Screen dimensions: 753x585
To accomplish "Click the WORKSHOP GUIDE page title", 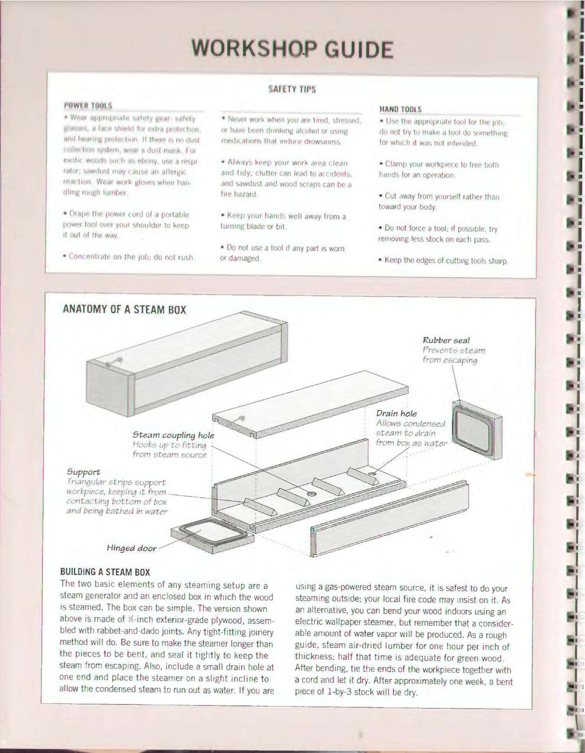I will pyautogui.click(x=292, y=49).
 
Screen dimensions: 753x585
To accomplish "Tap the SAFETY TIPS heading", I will pyautogui.click(x=292, y=89).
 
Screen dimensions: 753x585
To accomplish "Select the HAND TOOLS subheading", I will pyautogui.click(x=400, y=109).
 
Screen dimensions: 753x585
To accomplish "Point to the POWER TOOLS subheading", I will pyautogui.click(x=88, y=105).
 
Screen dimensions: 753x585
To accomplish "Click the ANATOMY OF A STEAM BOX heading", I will pyautogui.click(x=124, y=309).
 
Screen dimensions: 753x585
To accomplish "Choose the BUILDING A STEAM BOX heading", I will pyautogui.click(x=105, y=572).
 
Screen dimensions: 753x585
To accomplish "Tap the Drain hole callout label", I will pyautogui.click(x=396, y=414).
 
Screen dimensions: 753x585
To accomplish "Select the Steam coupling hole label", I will pyautogui.click(x=173, y=435).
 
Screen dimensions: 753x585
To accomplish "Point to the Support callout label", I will pyautogui.click(x=83, y=472).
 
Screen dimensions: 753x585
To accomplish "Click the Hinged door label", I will pyautogui.click(x=132, y=548).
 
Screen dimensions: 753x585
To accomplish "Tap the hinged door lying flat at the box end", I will pyautogui.click(x=212, y=534).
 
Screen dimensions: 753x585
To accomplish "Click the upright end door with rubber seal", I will pyautogui.click(x=476, y=430).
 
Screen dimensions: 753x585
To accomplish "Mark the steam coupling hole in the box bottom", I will pyautogui.click(x=311, y=494).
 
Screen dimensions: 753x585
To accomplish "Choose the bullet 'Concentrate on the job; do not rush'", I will pyautogui.click(x=129, y=257).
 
